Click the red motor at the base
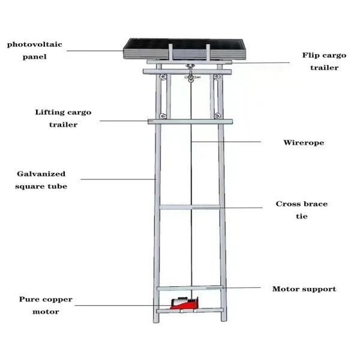[x=184, y=303]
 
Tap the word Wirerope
[x=304, y=143]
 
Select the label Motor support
[x=304, y=289]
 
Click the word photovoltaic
[x=35, y=44]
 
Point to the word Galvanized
[x=41, y=174]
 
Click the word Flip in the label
[x=310, y=55]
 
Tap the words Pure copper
[x=46, y=299]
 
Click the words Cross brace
[x=302, y=204]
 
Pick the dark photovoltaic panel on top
[x=185, y=49]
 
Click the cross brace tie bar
[x=190, y=207]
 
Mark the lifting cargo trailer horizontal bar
[x=190, y=121]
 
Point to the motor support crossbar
[x=190, y=288]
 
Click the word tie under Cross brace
[x=302, y=216]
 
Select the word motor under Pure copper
[x=46, y=312]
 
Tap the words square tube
[x=41, y=186]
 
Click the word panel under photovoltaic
[x=35, y=57]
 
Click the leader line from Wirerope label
[x=226, y=142]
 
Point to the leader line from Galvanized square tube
[x=118, y=179]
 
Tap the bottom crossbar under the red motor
[x=190, y=311]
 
